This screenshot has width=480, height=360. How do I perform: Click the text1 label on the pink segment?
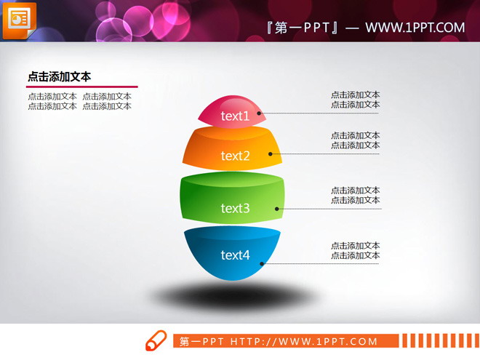pyautogui.click(x=235, y=116)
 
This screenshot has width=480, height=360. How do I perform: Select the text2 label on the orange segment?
pyautogui.click(x=235, y=156)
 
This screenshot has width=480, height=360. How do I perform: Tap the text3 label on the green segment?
pyautogui.click(x=235, y=209)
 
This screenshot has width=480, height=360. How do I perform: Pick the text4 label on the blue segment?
pyautogui.click(x=235, y=255)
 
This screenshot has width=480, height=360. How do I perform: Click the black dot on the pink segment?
pyautogui.click(x=259, y=114)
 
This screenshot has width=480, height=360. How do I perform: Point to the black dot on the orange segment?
pyautogui.click(x=271, y=153)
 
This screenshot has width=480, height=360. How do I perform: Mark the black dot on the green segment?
pyautogui.click(x=277, y=209)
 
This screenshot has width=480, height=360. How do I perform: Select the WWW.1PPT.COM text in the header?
pyautogui.click(x=415, y=28)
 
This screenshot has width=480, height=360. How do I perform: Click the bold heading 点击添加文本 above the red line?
pyautogui.click(x=59, y=76)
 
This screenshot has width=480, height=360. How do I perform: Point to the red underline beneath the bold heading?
pyautogui.click(x=81, y=87)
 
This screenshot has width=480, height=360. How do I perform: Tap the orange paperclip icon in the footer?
pyautogui.click(x=156, y=340)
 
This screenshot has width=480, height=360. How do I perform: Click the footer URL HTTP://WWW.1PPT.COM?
pyautogui.click(x=304, y=341)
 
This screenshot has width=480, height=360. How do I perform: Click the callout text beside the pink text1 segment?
pyautogui.click(x=355, y=100)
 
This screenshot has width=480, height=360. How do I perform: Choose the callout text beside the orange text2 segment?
pyautogui.click(x=355, y=140)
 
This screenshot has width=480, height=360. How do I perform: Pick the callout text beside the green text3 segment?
pyautogui.click(x=355, y=196)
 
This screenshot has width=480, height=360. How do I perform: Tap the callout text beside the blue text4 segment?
pyautogui.click(x=355, y=251)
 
